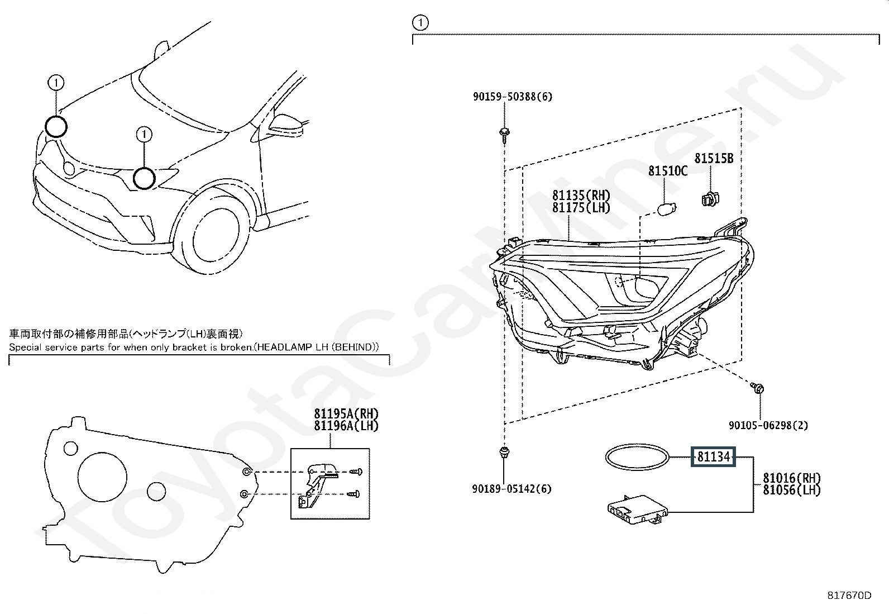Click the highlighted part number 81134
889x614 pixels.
pos(714,457)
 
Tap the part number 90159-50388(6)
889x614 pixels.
pos(512,97)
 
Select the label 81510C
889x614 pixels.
pos(667,171)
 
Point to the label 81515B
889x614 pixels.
pos(714,159)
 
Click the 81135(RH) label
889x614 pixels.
pos(581,196)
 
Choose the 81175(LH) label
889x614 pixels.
pos(581,208)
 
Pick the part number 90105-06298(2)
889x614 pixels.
pos(768,426)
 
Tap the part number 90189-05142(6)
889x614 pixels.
pos(511,489)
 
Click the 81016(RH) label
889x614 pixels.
pos(792,478)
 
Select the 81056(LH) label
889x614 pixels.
pos(792,491)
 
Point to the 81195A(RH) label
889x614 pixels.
pos(346,414)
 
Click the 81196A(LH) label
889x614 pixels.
pos(346,426)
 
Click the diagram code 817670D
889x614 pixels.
pos(849,596)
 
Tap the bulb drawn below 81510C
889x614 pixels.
pos(665,211)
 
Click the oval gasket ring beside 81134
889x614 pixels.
pos(637,458)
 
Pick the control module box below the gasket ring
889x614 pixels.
pos(637,509)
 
